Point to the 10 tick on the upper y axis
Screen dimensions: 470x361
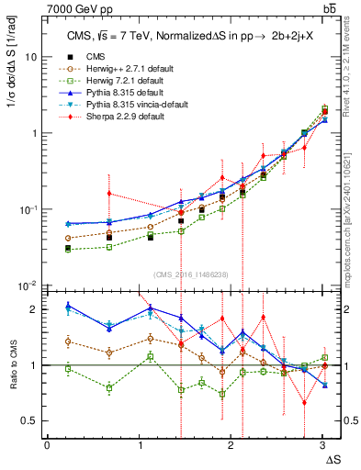[30, 57]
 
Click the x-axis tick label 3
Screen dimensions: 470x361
[323, 446]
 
